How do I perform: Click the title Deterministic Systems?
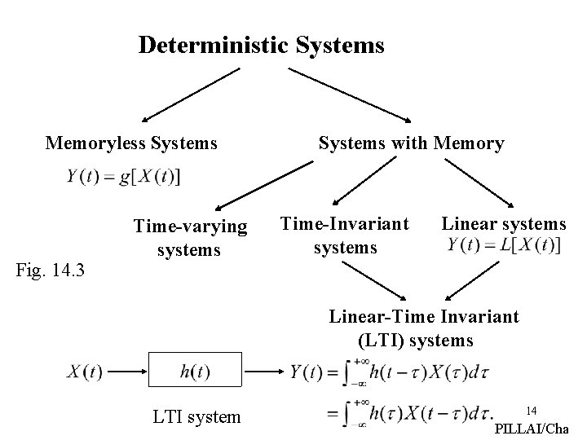[x=261, y=45]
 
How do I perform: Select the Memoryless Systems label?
[x=131, y=144]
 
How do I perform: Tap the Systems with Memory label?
[x=411, y=144]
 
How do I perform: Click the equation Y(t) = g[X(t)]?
[x=125, y=177]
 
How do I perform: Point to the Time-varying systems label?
[x=189, y=237]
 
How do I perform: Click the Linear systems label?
[x=503, y=223]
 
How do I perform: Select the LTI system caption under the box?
[x=197, y=417]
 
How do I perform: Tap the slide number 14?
[x=532, y=409]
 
